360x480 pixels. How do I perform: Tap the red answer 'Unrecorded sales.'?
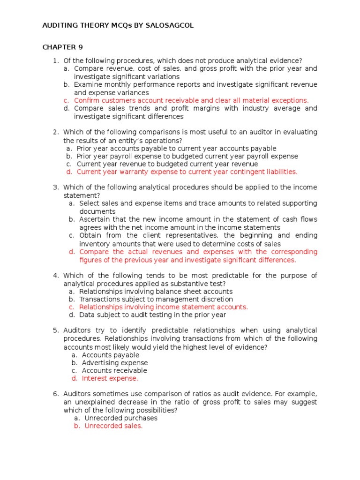[113, 426]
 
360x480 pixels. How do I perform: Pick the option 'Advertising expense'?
[114, 362]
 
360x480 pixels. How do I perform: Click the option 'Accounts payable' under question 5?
[110, 355]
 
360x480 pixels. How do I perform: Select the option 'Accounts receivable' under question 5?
[114, 370]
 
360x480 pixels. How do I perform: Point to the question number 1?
[55, 60]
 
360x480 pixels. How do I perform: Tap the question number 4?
[55, 276]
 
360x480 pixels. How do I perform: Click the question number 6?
[55, 394]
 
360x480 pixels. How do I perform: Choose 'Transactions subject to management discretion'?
[156, 299]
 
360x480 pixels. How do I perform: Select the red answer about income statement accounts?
[163, 307]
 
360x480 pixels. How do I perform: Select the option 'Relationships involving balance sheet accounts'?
[156, 291]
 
